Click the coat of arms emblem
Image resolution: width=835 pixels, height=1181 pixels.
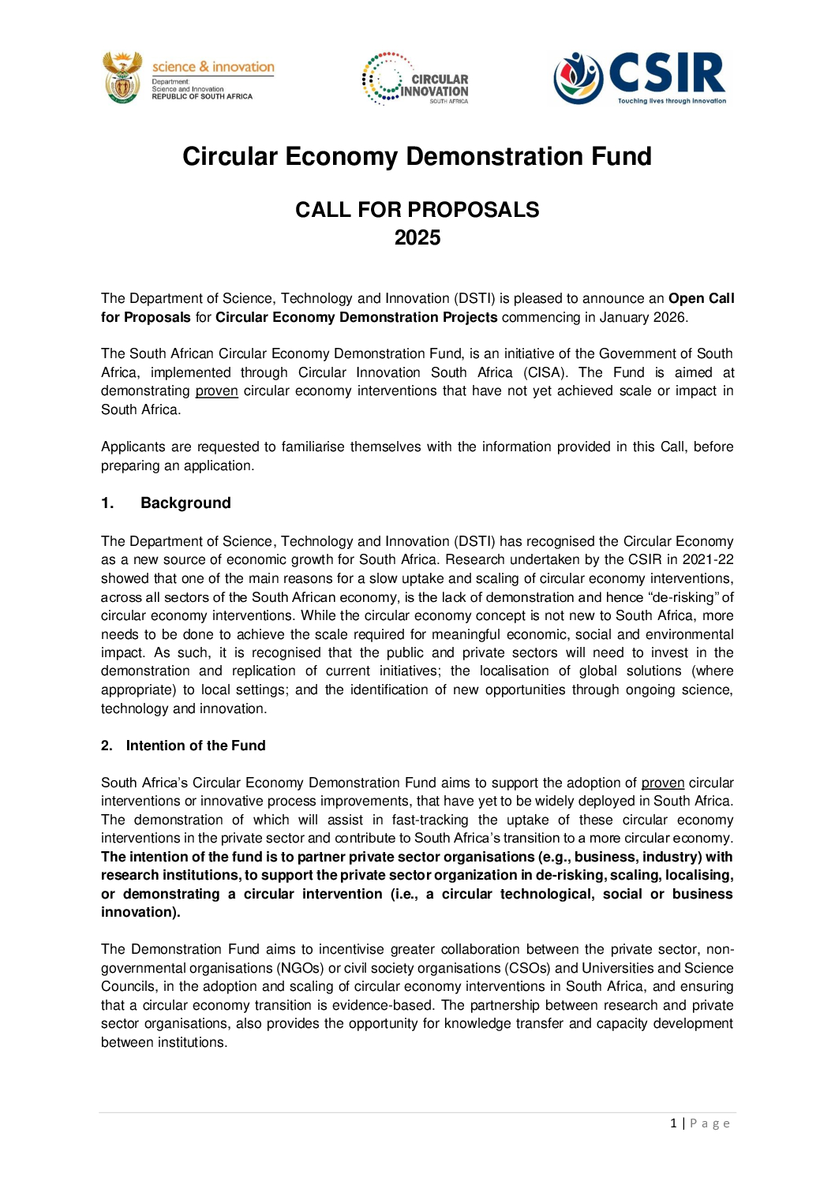[x=123, y=77]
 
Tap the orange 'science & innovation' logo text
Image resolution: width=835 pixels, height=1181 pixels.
[x=213, y=67]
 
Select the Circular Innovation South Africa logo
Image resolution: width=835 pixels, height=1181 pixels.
[x=415, y=79]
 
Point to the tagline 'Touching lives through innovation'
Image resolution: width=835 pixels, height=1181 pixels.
[x=672, y=101]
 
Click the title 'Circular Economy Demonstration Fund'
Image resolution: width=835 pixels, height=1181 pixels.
[x=417, y=156]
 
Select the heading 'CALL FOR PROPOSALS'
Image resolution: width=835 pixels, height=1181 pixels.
[x=417, y=210]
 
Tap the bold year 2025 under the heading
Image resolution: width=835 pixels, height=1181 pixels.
[x=417, y=237]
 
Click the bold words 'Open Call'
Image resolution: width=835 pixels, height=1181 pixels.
[x=701, y=298]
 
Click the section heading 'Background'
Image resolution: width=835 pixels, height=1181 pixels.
[x=185, y=503]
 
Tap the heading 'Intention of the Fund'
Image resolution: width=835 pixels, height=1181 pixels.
[x=196, y=746]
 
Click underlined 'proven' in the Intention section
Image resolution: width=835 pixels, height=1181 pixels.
[x=662, y=783]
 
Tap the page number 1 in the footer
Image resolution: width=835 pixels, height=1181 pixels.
[x=673, y=1123]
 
